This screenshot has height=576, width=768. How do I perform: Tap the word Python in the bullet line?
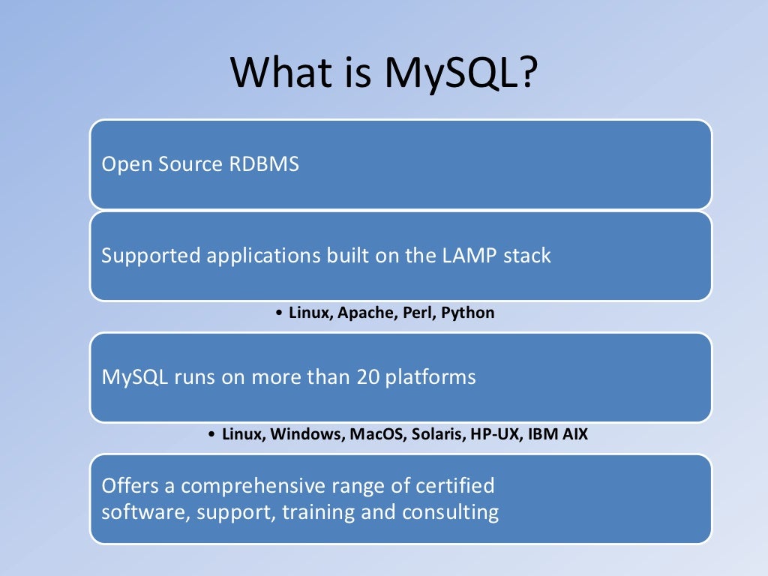click(467, 313)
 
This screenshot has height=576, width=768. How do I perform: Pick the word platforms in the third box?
click(430, 376)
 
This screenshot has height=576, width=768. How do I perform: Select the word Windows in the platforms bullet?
click(304, 435)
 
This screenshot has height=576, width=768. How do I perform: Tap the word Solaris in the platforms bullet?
click(438, 435)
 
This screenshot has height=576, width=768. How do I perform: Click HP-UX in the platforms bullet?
click(495, 435)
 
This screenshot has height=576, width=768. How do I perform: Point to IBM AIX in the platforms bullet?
click(559, 435)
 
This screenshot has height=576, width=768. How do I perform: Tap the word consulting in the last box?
click(450, 512)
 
